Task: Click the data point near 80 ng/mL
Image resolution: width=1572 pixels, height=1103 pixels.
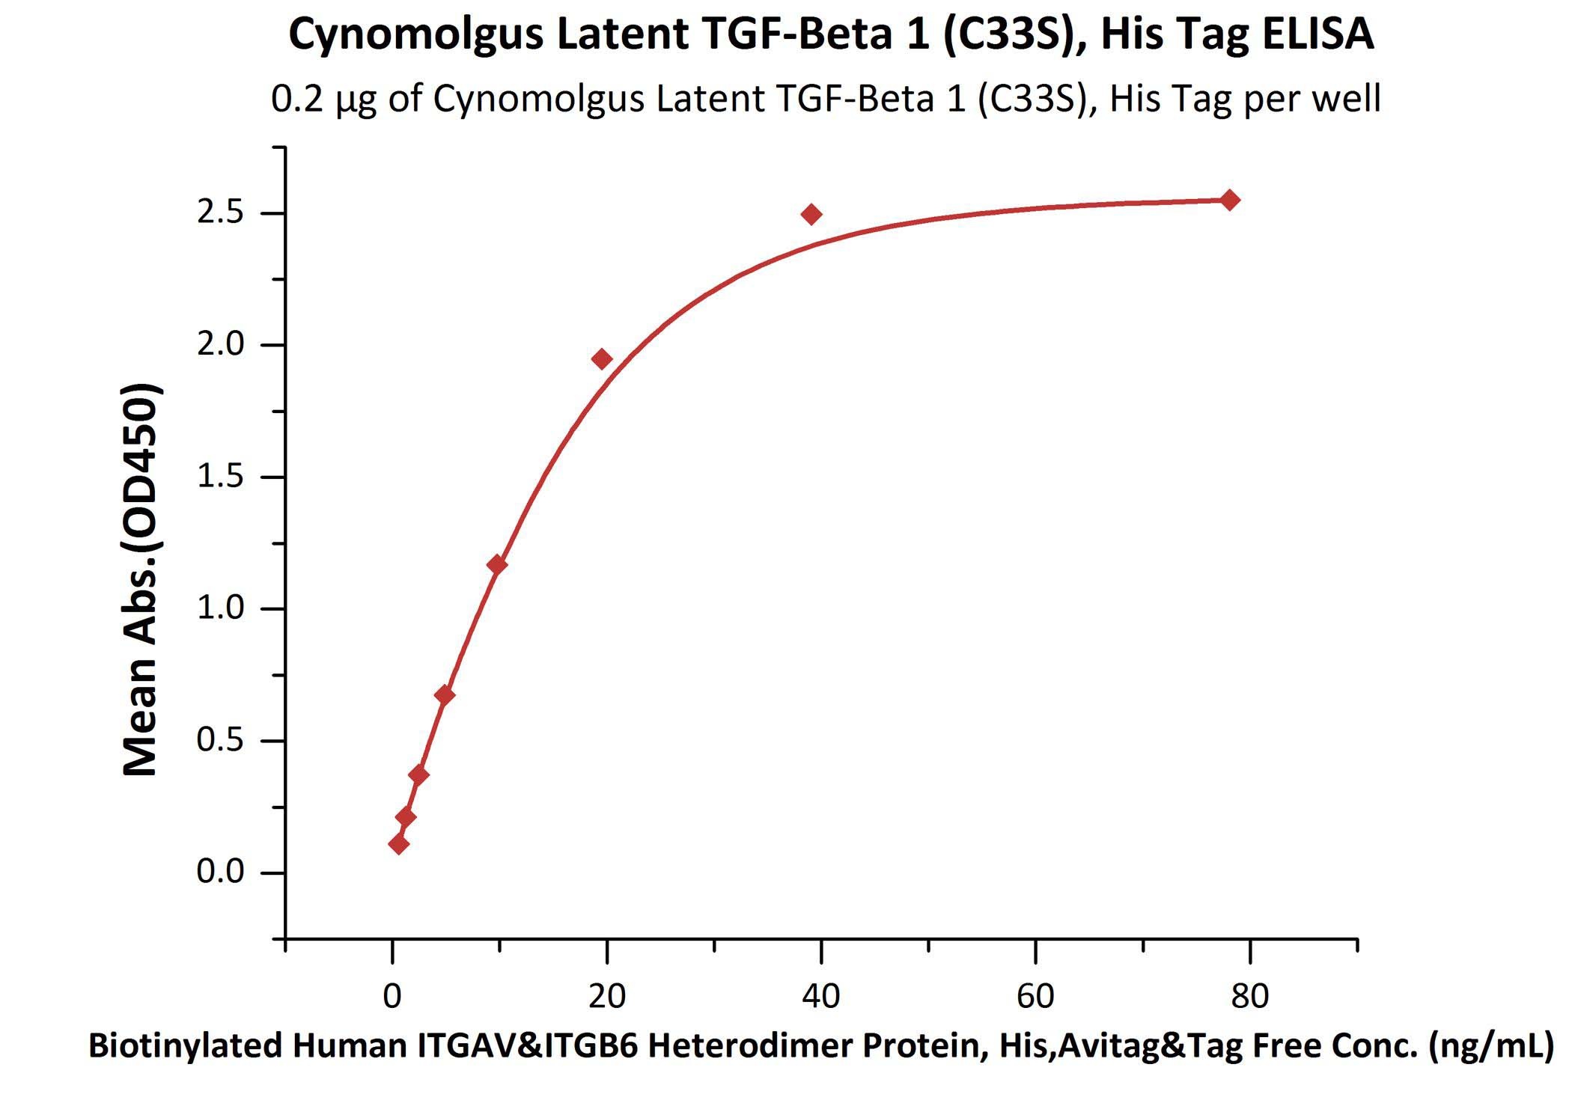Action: click(1230, 200)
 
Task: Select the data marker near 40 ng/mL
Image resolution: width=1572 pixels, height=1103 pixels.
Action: click(811, 215)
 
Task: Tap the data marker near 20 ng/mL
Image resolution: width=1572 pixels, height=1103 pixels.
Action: click(602, 359)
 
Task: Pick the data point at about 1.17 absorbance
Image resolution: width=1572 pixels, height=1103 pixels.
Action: click(496, 564)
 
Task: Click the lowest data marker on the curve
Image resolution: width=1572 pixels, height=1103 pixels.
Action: click(399, 844)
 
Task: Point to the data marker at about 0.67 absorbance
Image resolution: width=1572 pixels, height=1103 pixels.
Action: click(444, 695)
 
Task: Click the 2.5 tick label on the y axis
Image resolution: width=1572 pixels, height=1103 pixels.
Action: click(220, 213)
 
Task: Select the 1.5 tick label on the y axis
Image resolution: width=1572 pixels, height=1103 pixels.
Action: click(220, 477)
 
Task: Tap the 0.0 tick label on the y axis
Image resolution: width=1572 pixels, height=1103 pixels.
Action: click(220, 872)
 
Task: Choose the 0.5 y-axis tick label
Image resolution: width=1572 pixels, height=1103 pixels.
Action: click(220, 740)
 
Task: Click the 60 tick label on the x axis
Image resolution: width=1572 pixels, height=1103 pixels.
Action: click(1035, 996)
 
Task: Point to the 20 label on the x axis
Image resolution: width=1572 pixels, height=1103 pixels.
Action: click(606, 996)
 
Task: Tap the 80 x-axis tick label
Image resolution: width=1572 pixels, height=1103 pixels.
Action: click(1249, 996)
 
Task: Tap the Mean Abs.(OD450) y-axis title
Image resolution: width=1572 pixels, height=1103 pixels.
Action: click(141, 579)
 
